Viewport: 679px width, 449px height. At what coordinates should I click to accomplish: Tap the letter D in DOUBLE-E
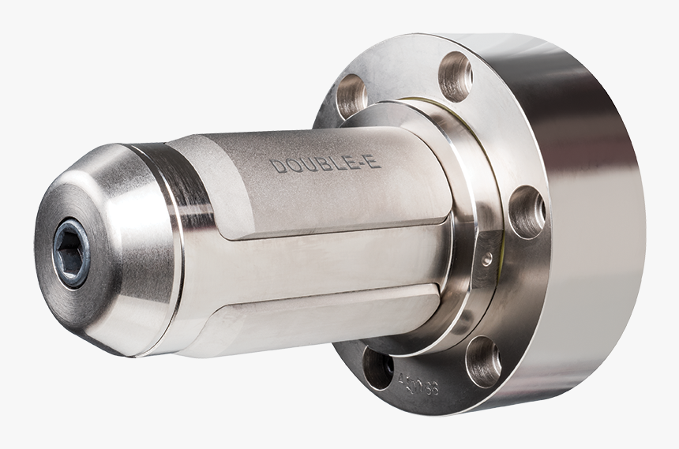coord(276,167)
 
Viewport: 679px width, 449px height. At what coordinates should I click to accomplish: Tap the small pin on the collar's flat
coord(487,257)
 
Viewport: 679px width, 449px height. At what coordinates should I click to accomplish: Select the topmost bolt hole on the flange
coord(456,77)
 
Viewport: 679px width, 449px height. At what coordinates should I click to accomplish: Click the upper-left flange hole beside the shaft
coord(352,96)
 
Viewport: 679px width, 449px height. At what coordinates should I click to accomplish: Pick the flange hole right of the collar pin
coord(527,211)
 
